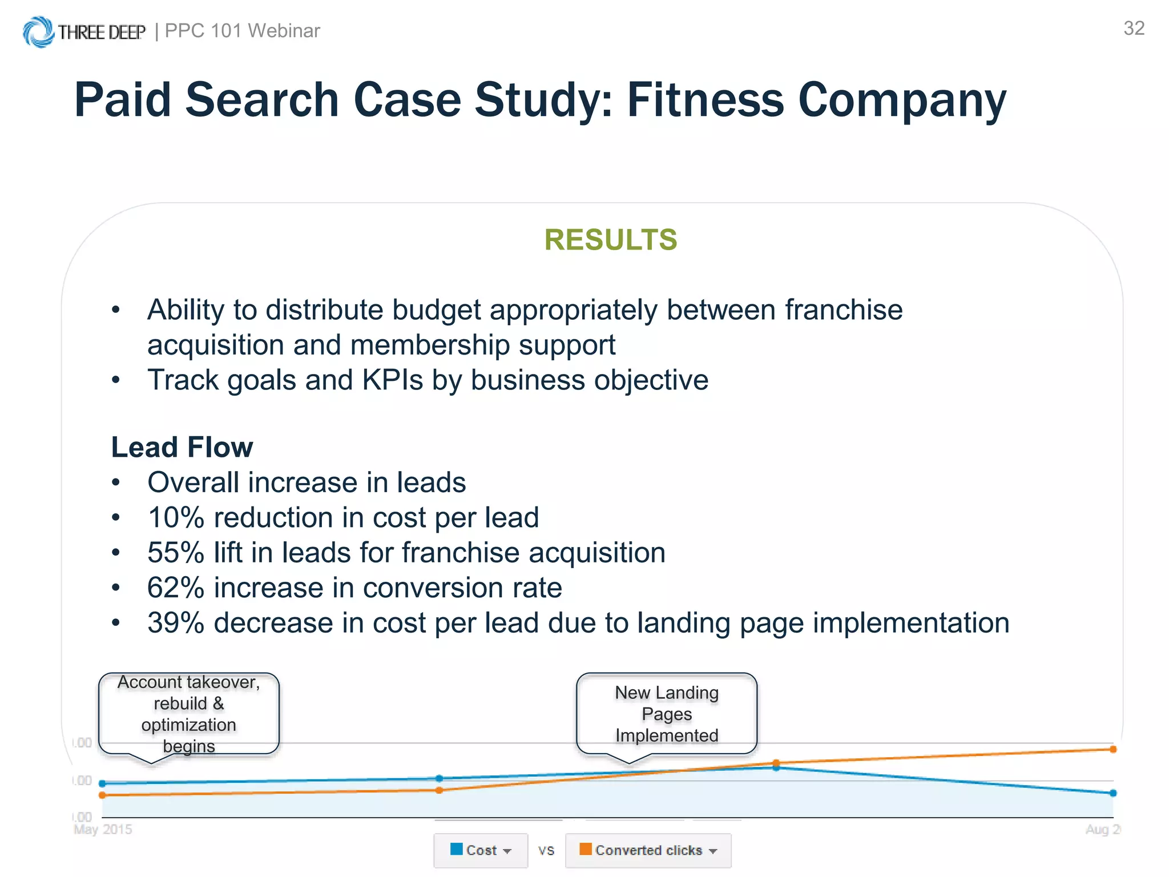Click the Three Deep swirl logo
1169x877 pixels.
38,31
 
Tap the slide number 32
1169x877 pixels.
1134,29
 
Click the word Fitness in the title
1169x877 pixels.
706,100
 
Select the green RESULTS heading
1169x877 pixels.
610,240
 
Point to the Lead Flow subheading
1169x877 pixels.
182,447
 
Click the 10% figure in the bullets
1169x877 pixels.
176,518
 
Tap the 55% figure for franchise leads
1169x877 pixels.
176,553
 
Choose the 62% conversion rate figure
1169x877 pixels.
176,588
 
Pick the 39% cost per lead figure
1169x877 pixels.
176,623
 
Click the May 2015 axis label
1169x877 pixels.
103,829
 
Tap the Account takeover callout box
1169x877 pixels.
188,714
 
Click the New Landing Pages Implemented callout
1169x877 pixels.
666,714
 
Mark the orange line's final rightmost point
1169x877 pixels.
1113,749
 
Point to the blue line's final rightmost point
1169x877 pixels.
1113,793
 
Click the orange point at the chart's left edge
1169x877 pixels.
102,795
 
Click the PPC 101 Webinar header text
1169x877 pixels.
242,31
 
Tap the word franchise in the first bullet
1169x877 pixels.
844,310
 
